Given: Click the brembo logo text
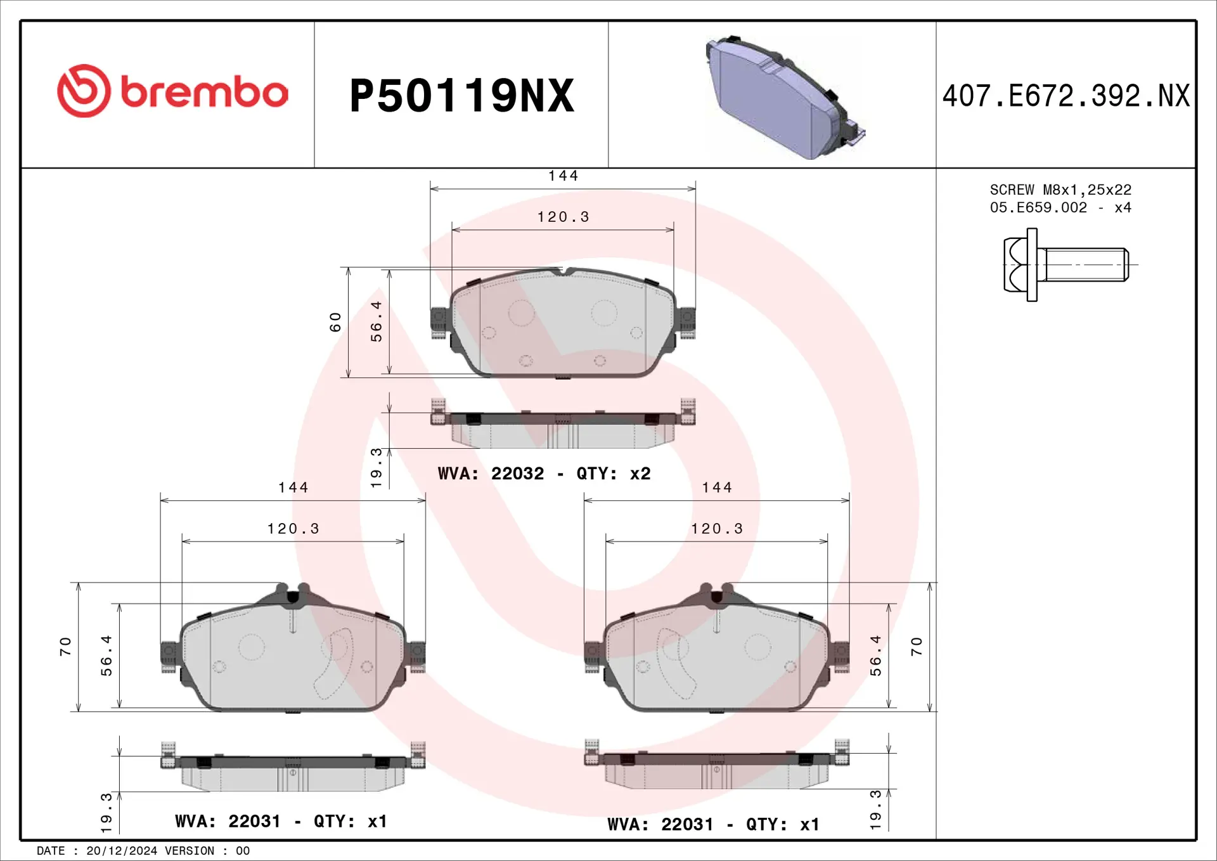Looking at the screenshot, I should (204, 93).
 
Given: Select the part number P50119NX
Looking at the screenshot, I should (461, 96).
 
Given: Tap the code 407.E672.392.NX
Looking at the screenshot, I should (1066, 96).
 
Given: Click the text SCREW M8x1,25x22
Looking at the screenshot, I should (1060, 190).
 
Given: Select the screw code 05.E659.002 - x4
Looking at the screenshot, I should (1060, 207).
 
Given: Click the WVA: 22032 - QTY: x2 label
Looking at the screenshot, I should (544, 474).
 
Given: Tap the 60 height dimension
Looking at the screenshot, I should (335, 322).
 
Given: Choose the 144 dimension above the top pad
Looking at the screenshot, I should (563, 176).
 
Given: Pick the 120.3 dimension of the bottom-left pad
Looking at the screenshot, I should (293, 529).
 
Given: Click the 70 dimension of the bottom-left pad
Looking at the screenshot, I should (65, 647).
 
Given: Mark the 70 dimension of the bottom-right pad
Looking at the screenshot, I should (916, 647).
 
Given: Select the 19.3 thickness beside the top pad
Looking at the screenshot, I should (376, 468).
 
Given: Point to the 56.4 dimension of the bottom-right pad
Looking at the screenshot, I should (875, 656).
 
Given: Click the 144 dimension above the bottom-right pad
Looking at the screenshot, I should (716, 488).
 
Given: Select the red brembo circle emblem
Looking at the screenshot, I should (84, 91).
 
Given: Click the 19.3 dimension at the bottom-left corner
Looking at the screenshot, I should (106, 812).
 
